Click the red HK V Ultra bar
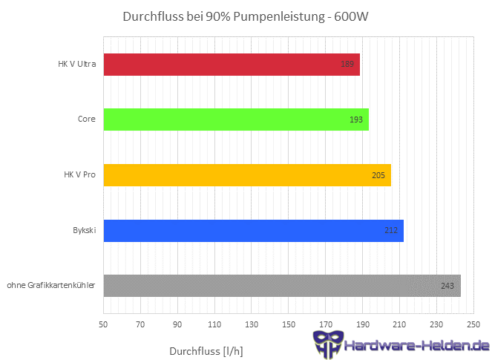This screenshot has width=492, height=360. (232, 65)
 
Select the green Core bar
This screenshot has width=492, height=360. (236, 120)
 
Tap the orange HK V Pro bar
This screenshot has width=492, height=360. (247, 175)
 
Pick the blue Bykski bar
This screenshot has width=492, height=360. (253, 231)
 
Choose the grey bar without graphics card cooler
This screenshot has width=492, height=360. (282, 286)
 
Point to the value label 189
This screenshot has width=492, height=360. (347, 65)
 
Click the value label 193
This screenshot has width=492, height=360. (355, 120)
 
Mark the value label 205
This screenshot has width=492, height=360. (378, 175)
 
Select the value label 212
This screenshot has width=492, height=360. (391, 231)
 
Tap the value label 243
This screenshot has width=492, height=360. (447, 286)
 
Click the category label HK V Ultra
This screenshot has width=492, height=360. (76, 65)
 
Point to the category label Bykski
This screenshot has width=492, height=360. (83, 231)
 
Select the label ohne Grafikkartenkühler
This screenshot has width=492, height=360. (50, 286)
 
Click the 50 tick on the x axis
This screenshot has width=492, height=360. (103, 324)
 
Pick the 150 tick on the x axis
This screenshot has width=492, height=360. (289, 324)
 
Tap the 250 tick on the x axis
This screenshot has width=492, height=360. (473, 324)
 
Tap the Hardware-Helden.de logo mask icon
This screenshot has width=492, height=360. (327, 344)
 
